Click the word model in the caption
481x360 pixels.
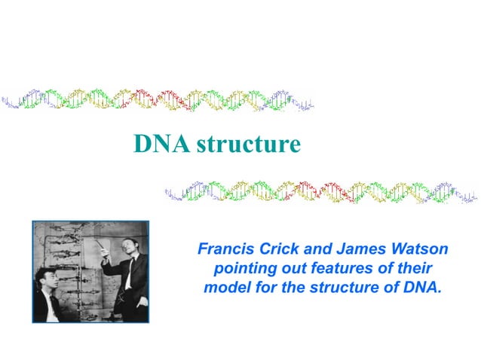[224, 287]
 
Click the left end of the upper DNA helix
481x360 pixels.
[6, 100]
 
